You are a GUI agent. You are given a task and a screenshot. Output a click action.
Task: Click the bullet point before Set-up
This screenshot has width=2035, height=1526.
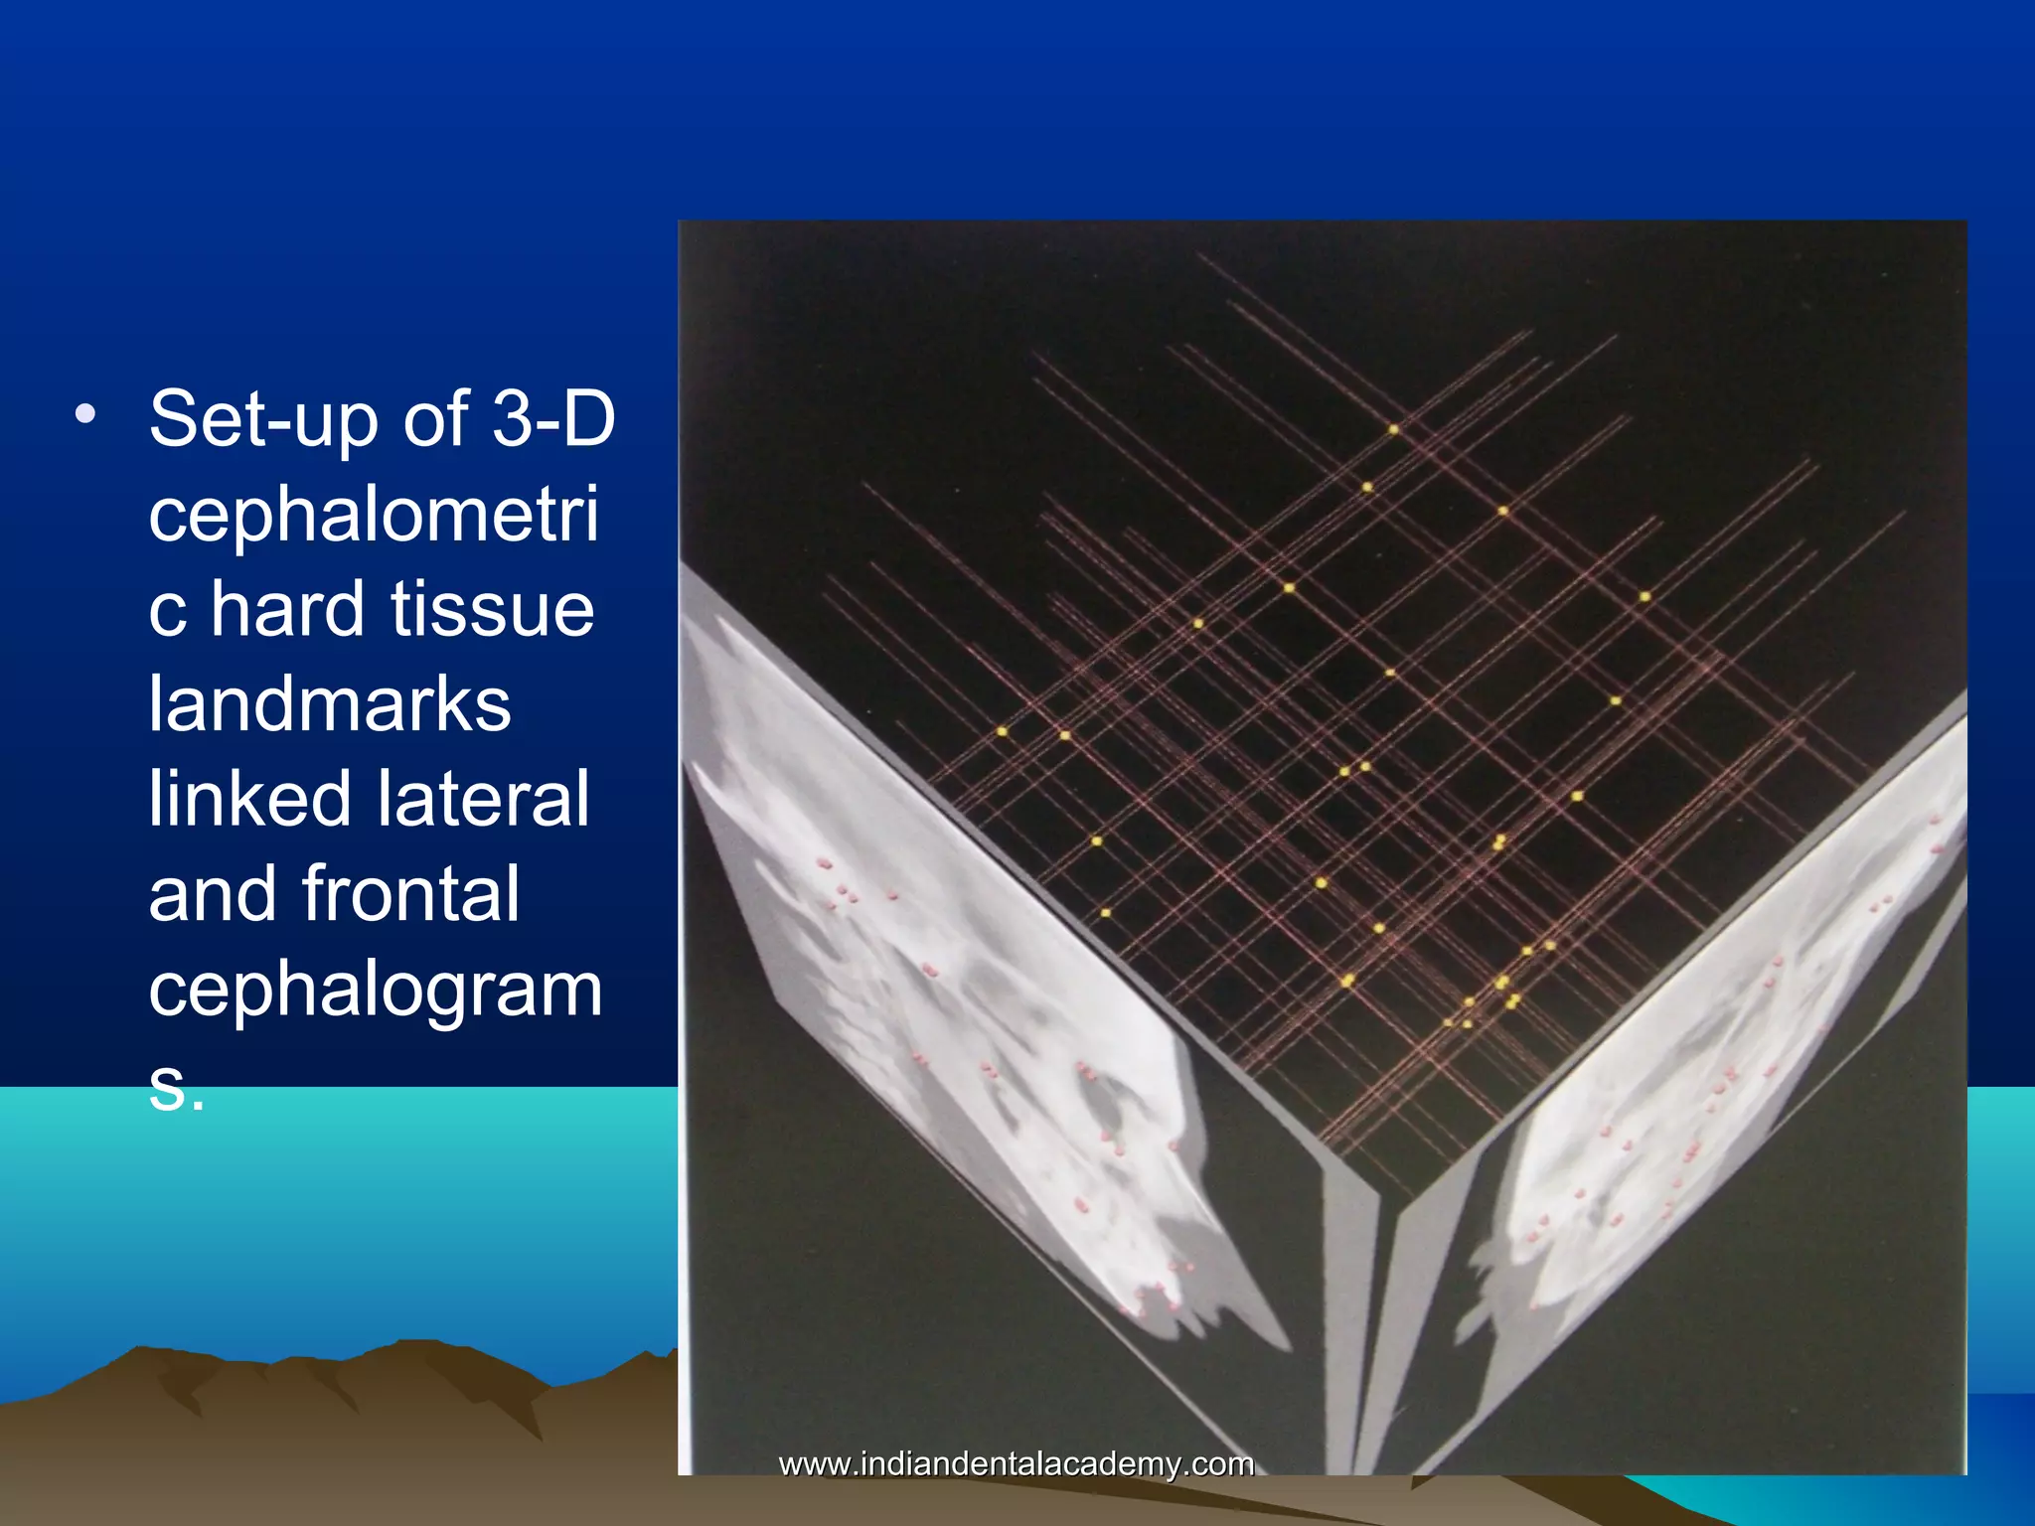click(85, 415)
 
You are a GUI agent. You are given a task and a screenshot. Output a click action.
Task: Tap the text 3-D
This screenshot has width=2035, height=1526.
click(554, 419)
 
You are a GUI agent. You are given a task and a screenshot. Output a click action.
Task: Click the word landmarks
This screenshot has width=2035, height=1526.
click(330, 704)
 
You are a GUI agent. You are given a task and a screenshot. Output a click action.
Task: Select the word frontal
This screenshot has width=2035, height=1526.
click(410, 894)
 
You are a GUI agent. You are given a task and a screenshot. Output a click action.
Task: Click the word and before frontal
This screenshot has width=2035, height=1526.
click(213, 894)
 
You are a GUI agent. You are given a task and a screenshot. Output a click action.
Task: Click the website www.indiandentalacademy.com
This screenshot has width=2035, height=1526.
click(1016, 1463)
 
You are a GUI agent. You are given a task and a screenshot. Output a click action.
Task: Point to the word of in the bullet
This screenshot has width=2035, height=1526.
click(435, 419)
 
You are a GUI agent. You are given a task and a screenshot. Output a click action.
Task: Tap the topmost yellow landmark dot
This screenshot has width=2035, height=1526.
click(1393, 430)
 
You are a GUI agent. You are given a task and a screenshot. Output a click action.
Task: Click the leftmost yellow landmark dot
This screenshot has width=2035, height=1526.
click(1002, 732)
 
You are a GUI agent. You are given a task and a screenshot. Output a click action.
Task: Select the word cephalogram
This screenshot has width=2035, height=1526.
click(376, 990)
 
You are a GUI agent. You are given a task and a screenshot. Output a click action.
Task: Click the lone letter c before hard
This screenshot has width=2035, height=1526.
click(167, 611)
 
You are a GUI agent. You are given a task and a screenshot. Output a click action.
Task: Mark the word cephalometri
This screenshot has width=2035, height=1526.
click(374, 515)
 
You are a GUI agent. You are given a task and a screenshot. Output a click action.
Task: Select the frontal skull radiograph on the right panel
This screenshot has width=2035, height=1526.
click(1729, 1073)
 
